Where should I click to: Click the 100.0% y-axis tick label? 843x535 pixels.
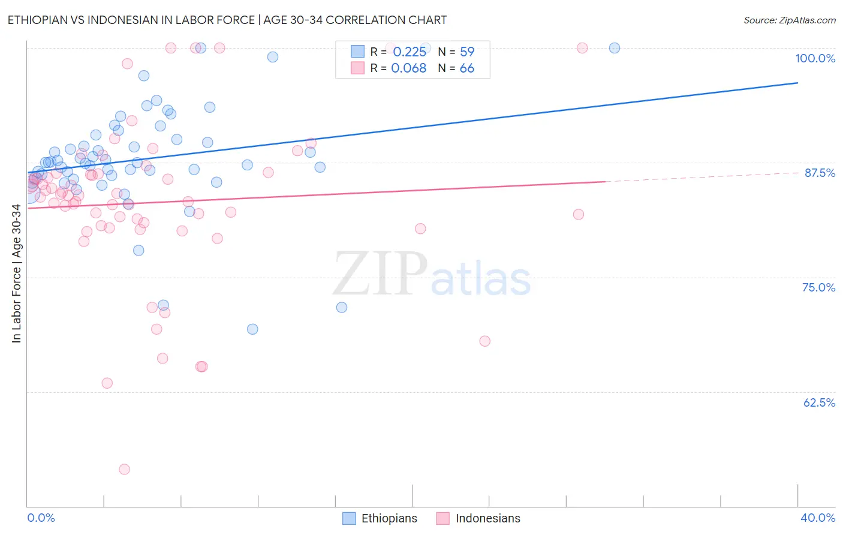(815, 58)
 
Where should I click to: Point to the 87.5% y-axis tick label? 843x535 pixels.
(819, 173)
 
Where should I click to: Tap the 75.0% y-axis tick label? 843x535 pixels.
(818, 287)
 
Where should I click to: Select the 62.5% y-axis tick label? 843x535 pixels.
(819, 402)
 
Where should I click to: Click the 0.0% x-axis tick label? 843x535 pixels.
(41, 518)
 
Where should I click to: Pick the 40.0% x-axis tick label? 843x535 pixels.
(817, 518)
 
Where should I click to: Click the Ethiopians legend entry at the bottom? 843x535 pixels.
(380, 518)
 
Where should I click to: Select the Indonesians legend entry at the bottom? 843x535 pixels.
(478, 518)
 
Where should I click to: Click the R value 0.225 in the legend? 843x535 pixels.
(410, 52)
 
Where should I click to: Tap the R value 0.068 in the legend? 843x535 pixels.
(408, 68)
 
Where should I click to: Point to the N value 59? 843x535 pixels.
(466, 52)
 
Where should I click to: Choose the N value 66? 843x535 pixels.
(466, 68)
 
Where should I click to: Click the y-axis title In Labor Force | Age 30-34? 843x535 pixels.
(16, 273)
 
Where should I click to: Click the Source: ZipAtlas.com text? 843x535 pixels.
(789, 20)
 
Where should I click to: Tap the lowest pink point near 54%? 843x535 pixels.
(124, 469)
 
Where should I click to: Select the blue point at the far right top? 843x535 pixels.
(614, 48)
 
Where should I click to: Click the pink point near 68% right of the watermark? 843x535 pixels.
(484, 341)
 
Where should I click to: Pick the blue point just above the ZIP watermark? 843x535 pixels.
(341, 307)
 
